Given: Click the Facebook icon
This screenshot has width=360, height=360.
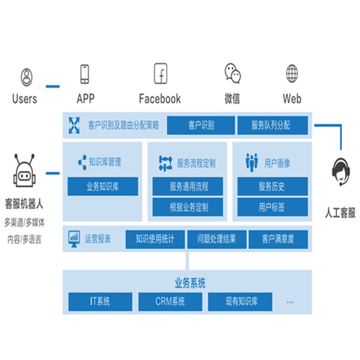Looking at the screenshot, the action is (161, 73).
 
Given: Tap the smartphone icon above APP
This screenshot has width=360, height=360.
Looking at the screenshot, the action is (84, 74).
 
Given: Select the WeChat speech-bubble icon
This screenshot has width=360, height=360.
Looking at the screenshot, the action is (233, 73).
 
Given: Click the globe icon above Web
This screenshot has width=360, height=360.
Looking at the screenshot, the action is (292, 73).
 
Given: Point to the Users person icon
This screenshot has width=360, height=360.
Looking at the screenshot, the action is (27, 77).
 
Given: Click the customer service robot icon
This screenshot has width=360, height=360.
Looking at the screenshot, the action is (24, 171).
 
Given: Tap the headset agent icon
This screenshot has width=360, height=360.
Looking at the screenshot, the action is (341, 171).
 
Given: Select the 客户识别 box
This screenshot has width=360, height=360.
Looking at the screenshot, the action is (201, 125).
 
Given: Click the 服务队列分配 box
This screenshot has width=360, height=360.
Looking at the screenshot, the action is (273, 125).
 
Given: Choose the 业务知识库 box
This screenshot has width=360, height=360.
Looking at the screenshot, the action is (103, 186).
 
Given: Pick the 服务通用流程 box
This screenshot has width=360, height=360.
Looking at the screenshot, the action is (188, 186).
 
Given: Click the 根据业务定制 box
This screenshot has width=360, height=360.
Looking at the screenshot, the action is (188, 207).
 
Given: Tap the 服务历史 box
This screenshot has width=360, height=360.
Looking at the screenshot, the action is (273, 186).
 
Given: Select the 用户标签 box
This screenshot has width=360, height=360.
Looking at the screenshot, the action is (273, 207).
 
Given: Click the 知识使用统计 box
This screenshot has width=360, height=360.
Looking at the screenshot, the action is (155, 239).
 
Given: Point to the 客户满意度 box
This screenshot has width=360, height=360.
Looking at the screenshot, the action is (278, 239).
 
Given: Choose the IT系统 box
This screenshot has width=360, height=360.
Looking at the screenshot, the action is (100, 302).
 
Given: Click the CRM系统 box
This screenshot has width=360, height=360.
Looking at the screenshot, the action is (170, 302).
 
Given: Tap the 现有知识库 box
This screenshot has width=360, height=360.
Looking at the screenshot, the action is (240, 302).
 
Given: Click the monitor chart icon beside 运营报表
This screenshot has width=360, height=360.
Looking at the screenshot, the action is (74, 239).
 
